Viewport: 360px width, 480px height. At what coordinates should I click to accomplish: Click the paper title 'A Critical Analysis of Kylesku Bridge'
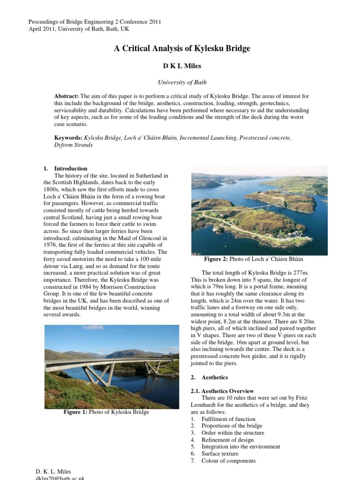coord(182,49)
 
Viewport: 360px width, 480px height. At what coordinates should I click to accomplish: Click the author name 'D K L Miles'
coord(182,66)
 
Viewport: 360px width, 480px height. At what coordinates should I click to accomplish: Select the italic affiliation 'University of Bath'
coord(182,82)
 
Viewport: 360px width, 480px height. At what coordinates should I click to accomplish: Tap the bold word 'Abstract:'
coord(67,96)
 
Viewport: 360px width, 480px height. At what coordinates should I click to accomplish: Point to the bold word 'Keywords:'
coord(69,138)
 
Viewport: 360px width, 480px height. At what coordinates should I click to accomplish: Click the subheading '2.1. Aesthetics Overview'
coord(222,391)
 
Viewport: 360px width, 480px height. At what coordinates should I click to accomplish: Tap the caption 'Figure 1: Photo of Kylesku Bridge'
coord(106,412)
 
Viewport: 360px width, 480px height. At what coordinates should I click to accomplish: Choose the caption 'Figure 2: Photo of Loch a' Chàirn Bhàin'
coord(254,259)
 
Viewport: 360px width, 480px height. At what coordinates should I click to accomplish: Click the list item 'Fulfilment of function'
coord(228,419)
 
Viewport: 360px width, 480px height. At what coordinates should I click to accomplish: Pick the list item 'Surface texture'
coord(220,454)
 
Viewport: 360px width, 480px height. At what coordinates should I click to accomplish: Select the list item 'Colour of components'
coord(228,461)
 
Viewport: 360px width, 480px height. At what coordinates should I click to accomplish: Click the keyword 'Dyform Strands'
coord(74,145)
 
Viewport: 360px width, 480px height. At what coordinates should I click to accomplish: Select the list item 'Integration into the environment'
coord(241,447)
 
